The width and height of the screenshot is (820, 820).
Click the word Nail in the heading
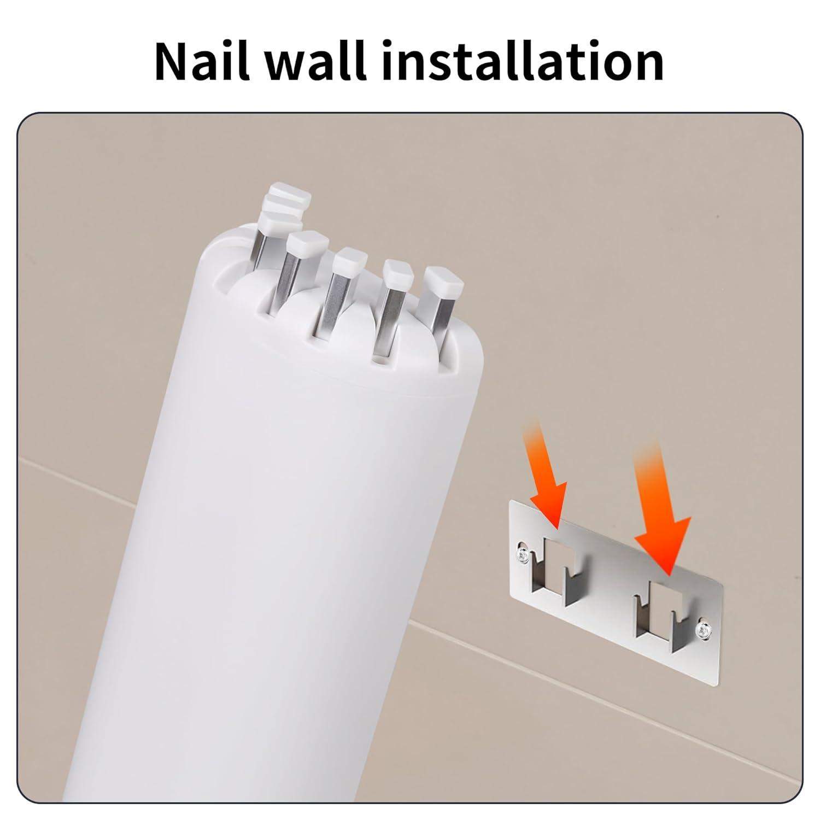(206, 61)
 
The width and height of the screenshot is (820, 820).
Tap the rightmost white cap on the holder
(444, 280)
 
